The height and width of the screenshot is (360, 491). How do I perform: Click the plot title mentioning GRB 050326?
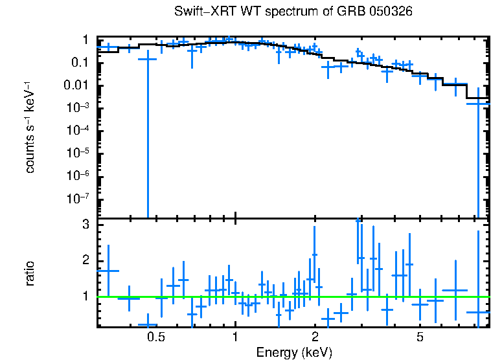tap(293, 12)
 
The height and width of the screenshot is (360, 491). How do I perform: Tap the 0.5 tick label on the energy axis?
tap(155, 338)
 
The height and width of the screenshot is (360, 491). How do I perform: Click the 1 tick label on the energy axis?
tap(235, 338)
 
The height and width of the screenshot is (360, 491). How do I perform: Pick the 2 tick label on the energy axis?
tap(315, 338)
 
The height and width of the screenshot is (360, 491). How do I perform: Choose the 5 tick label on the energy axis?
tap(420, 338)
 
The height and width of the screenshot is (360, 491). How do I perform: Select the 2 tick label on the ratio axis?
tap(84, 261)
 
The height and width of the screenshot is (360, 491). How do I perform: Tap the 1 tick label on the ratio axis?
tap(84, 297)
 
